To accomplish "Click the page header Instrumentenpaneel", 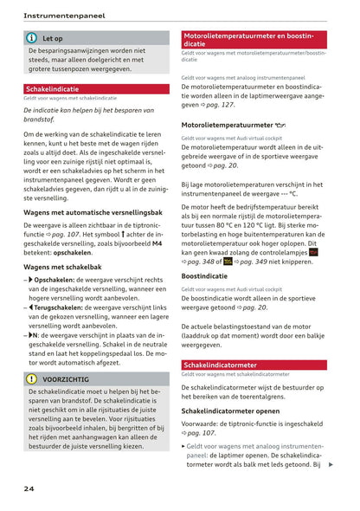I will pos(64,16).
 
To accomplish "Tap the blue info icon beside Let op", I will pos(32,38).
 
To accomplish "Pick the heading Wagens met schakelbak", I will pos(64,267).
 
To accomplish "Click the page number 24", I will pos(29,488).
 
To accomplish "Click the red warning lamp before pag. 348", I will pos(313,251).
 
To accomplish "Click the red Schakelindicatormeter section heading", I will pos(220,365).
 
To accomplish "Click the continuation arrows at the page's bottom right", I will pos(331,465).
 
